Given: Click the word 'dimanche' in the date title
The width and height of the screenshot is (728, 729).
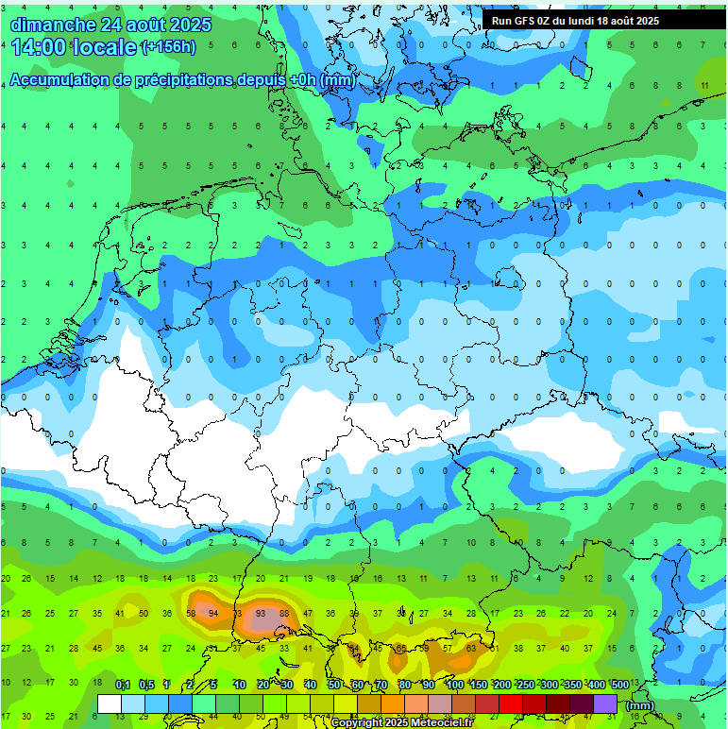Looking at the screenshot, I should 52,24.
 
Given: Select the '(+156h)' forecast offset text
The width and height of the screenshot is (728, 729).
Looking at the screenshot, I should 168,47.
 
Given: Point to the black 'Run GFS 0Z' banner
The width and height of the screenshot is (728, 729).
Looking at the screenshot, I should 604,20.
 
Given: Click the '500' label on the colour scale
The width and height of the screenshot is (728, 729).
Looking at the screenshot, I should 619,685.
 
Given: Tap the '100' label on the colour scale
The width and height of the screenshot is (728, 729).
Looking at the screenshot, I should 454,685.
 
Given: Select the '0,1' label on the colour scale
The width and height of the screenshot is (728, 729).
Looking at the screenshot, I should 122,685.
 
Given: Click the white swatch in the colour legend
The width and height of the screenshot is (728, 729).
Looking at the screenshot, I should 110,704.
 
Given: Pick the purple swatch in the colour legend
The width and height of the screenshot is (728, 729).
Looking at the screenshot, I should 605,704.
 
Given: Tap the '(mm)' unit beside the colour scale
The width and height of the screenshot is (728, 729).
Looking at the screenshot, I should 640,704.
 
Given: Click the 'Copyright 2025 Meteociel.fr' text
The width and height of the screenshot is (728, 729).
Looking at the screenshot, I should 401,722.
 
